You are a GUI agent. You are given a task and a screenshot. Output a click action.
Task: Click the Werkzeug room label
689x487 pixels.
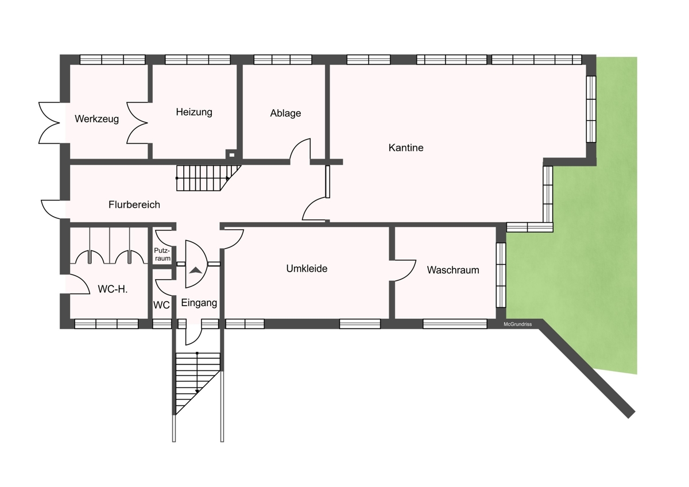[96, 119]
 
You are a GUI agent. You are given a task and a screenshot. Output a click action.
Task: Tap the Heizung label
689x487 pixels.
[194, 112]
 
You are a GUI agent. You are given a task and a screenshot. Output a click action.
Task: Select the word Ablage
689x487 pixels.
[285, 113]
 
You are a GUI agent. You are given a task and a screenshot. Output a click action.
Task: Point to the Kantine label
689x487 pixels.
[406, 148]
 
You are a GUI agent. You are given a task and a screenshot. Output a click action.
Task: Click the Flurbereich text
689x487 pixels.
[134, 204]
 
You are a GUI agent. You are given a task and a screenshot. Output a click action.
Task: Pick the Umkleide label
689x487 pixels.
[307, 269]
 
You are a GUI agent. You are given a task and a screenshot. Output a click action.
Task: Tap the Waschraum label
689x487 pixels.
[453, 270]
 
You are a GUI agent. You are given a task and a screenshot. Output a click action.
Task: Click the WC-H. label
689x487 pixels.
[113, 289]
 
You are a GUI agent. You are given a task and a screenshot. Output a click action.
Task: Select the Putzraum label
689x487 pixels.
[162, 254]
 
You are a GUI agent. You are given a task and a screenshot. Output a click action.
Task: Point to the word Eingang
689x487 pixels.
[199, 303]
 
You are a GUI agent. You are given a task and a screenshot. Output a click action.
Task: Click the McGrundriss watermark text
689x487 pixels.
[518, 324]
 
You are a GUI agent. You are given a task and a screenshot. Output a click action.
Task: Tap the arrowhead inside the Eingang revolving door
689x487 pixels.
[196, 270]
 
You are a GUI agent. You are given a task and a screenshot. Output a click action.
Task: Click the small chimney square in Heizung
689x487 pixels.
[231, 154]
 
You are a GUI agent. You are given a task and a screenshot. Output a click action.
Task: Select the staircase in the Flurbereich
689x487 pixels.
[208, 178]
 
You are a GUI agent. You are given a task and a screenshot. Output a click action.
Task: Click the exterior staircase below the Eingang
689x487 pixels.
[198, 383]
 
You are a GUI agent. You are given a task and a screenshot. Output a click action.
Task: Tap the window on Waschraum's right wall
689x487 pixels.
[501, 275]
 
